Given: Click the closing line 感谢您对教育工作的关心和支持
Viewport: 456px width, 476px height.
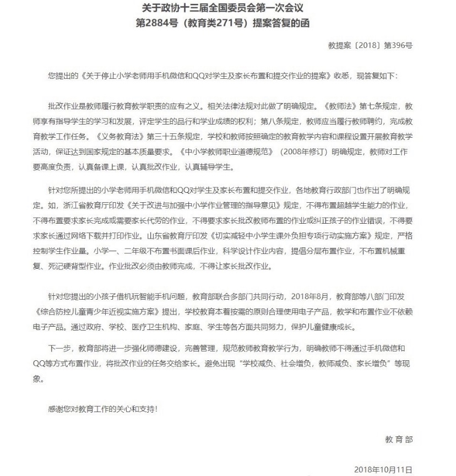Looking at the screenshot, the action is [102, 409].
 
